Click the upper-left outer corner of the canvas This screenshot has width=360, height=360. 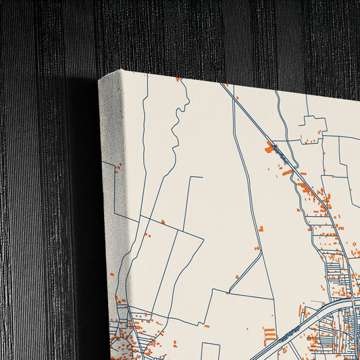click(x=99, y=79)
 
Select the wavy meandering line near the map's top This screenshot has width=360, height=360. click(x=177, y=128)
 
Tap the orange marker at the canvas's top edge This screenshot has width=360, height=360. click(x=178, y=80)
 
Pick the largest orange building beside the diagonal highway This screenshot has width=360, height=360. click(x=270, y=148)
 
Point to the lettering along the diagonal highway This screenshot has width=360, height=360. click(x=284, y=159)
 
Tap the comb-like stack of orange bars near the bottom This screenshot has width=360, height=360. click(x=269, y=334)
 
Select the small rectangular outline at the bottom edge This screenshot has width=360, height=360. click(x=210, y=351)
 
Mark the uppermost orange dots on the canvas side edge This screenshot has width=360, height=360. click(x=118, y=166)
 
